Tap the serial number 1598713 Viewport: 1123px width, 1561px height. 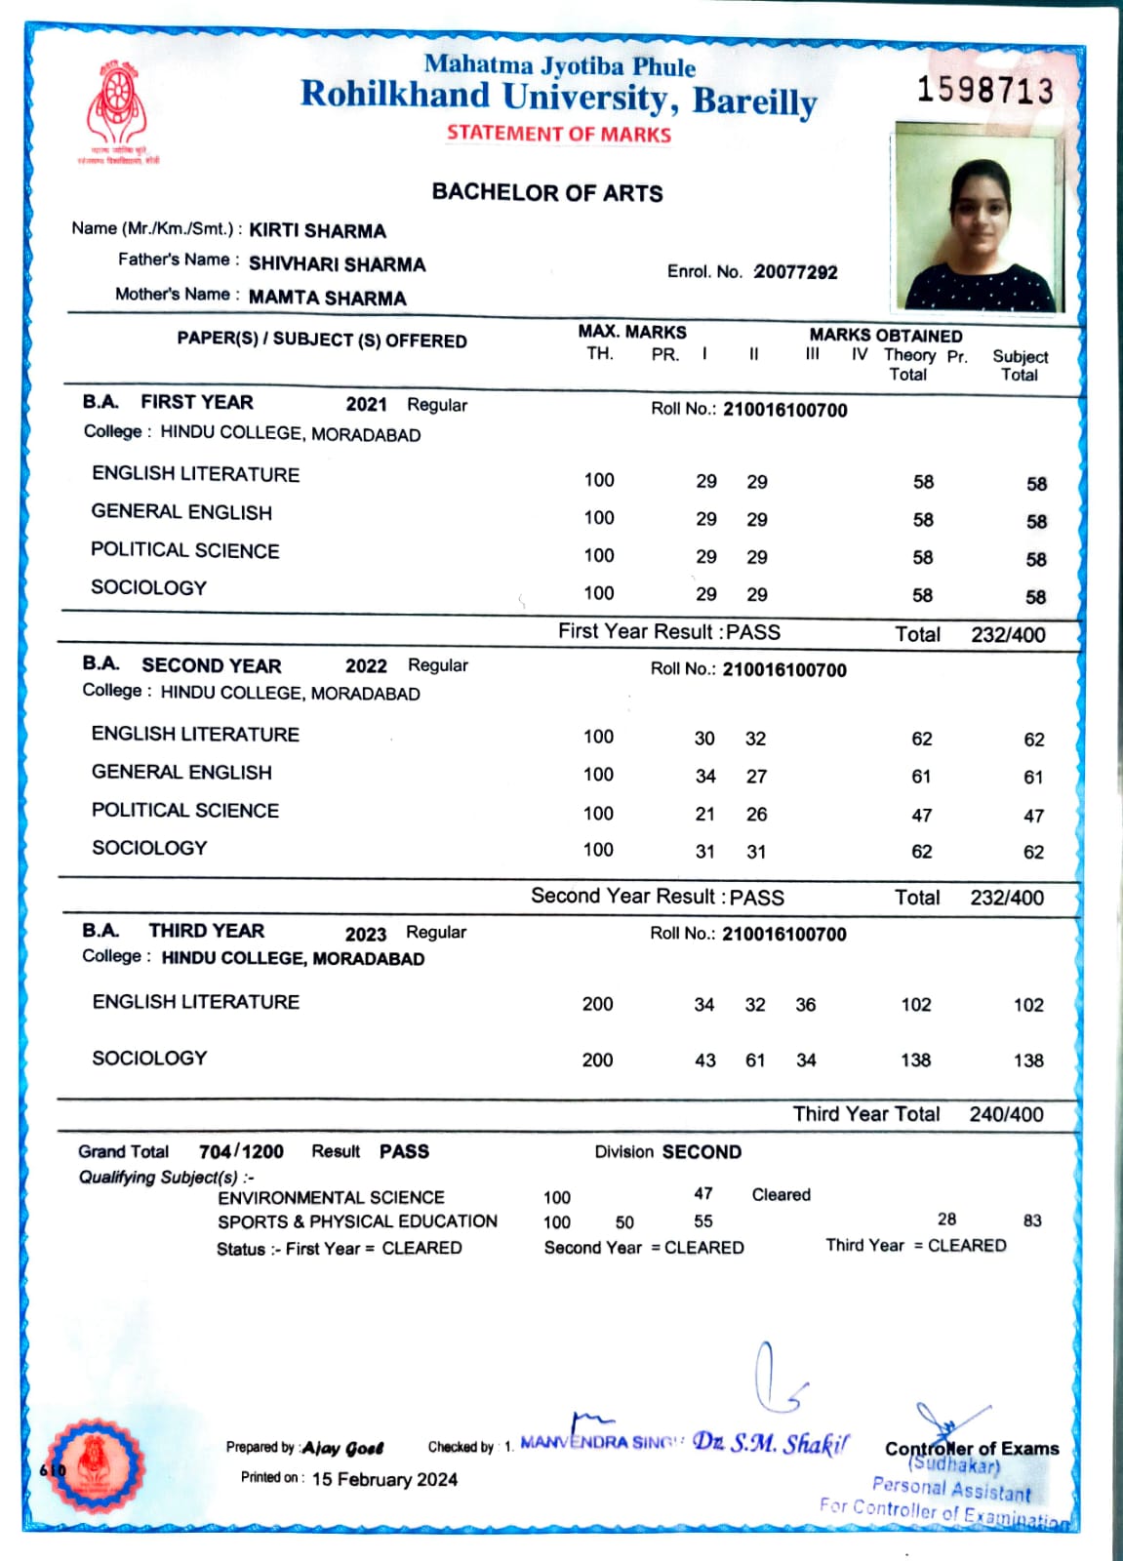tap(985, 91)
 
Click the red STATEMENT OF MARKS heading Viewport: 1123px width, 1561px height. tap(559, 135)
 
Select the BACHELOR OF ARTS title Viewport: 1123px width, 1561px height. tap(547, 193)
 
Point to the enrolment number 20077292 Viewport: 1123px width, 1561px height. tap(795, 272)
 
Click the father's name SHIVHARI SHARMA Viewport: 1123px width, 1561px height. tap(337, 264)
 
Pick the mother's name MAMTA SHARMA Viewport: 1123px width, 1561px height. tap(327, 298)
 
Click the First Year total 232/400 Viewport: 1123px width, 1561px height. tap(1008, 635)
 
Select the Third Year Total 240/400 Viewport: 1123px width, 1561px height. tap(1006, 1114)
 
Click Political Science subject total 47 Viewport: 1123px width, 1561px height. tap(1033, 816)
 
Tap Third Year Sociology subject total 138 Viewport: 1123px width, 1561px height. tap(1028, 1061)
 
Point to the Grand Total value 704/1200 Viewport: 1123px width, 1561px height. tap(241, 1151)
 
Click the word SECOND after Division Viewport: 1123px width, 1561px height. tap(701, 1152)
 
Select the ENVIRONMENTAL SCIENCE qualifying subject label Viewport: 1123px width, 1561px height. tap(331, 1197)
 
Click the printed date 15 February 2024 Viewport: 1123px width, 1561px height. tap(384, 1479)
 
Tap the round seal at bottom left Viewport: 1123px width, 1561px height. tap(95, 1466)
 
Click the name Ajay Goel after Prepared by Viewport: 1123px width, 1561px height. tap(342, 1448)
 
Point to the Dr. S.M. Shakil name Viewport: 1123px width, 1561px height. tap(771, 1443)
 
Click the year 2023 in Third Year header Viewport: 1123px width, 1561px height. tap(366, 934)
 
